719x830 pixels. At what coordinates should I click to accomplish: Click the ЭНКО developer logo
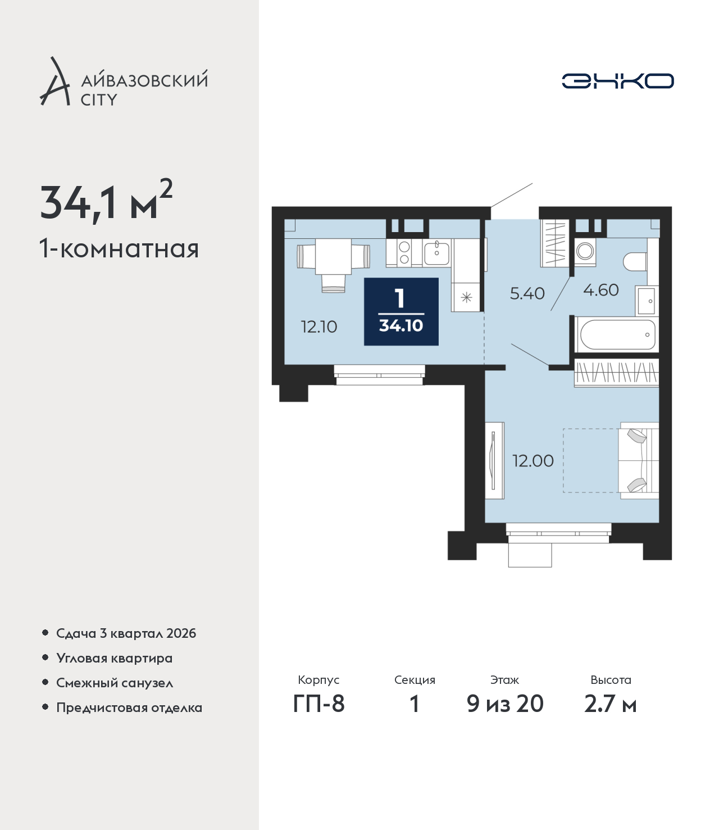coord(617,81)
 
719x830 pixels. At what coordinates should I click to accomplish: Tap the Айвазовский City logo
coord(124,82)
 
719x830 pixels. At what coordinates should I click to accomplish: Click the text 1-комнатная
coord(119,250)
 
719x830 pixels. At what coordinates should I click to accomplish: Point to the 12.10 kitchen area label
coord(319,327)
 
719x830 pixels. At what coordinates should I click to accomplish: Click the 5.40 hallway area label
coord(527,293)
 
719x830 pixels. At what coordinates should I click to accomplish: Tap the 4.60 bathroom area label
coord(601,290)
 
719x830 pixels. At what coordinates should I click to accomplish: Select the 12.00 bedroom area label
coord(533,461)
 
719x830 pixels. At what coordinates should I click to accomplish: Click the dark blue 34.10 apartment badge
coord(401,311)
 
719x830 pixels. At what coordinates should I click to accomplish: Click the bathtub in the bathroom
coord(617,334)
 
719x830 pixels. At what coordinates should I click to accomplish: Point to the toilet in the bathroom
coord(635,262)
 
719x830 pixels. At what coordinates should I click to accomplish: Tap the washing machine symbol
coord(585,252)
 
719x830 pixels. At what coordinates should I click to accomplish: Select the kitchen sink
coord(437,252)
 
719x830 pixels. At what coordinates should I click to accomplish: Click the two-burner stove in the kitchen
coord(404,252)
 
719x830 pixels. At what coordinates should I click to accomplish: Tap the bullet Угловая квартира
coord(114,658)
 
